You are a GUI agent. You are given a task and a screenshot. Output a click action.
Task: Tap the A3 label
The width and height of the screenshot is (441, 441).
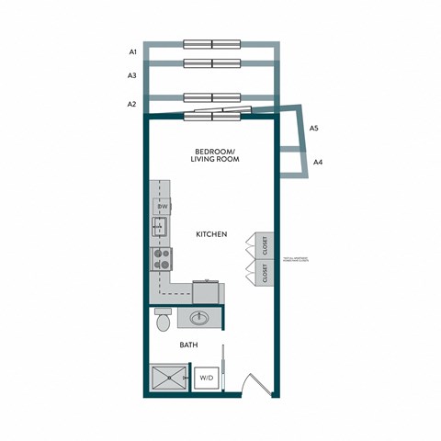pyautogui.click(x=133, y=75)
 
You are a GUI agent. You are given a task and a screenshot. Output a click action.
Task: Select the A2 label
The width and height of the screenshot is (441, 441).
pyautogui.click(x=133, y=104)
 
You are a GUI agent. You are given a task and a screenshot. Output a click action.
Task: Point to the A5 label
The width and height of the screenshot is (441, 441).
pyautogui.click(x=314, y=128)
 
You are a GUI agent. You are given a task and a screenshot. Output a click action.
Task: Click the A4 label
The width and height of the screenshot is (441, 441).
pyautogui.click(x=318, y=163)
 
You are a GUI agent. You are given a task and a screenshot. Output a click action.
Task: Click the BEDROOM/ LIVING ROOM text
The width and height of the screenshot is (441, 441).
pyautogui.click(x=215, y=155)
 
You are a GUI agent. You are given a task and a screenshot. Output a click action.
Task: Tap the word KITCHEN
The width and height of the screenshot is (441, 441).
pyautogui.click(x=211, y=234)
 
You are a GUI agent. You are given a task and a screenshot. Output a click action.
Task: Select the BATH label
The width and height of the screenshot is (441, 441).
pyautogui.click(x=189, y=347)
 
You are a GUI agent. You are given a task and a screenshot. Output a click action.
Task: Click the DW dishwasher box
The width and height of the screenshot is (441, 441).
pyautogui.click(x=162, y=207)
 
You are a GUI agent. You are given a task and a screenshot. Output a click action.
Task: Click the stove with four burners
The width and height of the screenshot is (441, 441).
pyautogui.click(x=162, y=258)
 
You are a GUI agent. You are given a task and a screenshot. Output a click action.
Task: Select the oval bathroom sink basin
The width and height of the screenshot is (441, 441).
pyautogui.click(x=200, y=319)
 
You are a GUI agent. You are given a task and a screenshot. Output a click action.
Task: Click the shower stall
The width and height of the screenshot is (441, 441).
pyautogui.click(x=167, y=378)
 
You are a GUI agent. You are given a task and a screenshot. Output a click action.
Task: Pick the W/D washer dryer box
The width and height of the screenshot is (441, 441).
pyautogui.click(x=207, y=378)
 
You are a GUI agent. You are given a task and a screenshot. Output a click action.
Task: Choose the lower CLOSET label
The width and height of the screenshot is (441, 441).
pyautogui.click(x=264, y=273)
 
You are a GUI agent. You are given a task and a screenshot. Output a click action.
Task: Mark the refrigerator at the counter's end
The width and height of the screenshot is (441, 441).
pyautogui.click(x=207, y=291)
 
